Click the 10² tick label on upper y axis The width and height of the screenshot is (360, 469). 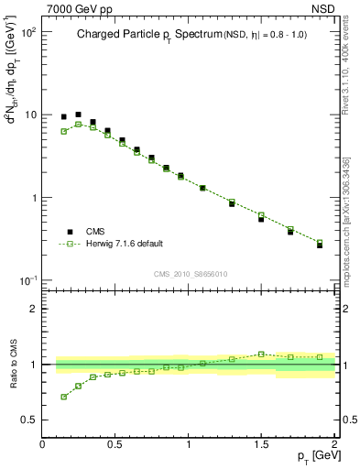28,32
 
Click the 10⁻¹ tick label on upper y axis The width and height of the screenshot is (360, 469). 28,280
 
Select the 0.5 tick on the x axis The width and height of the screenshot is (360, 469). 115,444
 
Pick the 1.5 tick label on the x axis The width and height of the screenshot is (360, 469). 262,444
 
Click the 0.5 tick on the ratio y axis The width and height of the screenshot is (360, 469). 28,420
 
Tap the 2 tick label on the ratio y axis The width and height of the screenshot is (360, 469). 33,309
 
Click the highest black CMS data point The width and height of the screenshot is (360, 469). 78,115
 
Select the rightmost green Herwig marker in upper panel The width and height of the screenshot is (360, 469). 320,243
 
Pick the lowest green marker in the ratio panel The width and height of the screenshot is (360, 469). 63,397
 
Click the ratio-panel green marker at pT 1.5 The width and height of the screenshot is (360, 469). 261,354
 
